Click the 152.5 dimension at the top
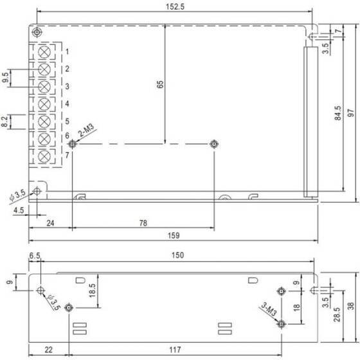(x=175, y=6)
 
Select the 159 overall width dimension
(x=174, y=235)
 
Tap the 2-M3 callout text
(x=86, y=130)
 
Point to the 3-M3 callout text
(x=269, y=309)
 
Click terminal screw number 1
(x=44, y=52)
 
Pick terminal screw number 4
(x=44, y=104)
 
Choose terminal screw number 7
(x=44, y=157)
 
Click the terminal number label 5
(x=67, y=121)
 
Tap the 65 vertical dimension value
(x=160, y=84)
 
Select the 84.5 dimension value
(x=338, y=113)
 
